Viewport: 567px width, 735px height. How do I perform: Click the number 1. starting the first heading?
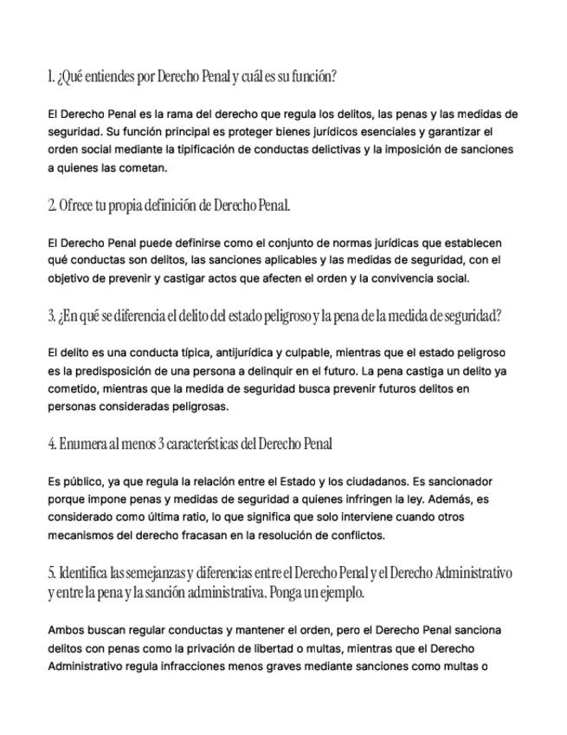51,77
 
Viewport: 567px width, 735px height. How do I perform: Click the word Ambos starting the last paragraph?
68,630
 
